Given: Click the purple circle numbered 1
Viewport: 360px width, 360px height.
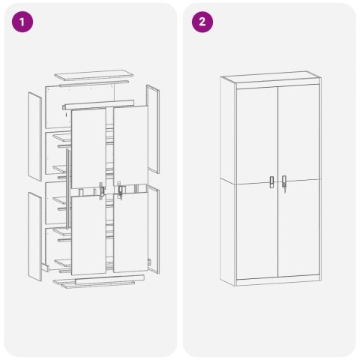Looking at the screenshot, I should pyautogui.click(x=24, y=22).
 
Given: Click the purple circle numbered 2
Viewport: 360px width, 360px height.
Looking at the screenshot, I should pyautogui.click(x=202, y=22).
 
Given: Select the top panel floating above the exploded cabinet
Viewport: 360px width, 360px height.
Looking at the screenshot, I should pyautogui.click(x=93, y=77).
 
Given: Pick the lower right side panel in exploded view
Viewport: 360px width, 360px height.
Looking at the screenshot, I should pyautogui.click(x=154, y=225).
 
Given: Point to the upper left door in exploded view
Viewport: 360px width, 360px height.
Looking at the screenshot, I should pyautogui.click(x=88, y=146).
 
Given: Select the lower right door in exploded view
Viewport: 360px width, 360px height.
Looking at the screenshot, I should pyautogui.click(x=130, y=232).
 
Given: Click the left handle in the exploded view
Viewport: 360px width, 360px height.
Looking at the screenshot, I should pyautogui.click(x=101, y=191).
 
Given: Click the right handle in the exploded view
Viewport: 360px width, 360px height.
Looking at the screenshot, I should pyautogui.click(x=120, y=191).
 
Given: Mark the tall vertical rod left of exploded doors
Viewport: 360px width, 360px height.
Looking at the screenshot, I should pyautogui.click(x=69, y=187).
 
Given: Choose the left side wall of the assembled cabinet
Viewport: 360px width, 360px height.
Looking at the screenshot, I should pyautogui.click(x=228, y=180).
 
